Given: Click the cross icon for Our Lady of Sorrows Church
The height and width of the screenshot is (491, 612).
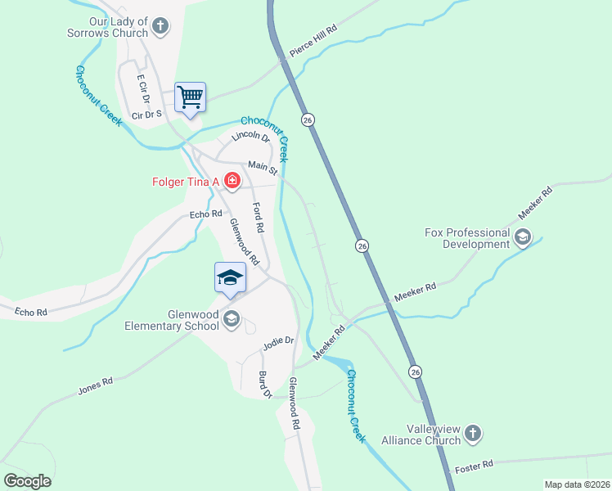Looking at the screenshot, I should [160, 25].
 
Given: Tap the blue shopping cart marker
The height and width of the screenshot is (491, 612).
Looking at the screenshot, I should [190, 97].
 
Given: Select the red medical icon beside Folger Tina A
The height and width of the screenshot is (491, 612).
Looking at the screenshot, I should [232, 180].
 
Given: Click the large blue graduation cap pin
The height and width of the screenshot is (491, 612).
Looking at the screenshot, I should [231, 278].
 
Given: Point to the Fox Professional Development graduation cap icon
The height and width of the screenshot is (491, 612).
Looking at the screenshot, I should [523, 237].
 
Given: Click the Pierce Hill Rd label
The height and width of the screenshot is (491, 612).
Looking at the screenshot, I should [313, 40].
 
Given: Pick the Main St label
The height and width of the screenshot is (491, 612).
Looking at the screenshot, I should [263, 167].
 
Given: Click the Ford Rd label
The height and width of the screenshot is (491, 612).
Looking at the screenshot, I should [259, 217].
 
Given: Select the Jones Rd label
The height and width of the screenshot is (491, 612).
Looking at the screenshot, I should [95, 385].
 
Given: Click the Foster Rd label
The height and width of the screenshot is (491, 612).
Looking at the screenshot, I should [475, 464].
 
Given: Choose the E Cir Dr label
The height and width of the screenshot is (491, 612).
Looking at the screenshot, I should [144, 89].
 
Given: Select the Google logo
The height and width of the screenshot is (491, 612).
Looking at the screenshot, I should [27, 481].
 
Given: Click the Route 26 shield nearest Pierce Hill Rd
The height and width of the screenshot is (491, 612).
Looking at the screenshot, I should [308, 119].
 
